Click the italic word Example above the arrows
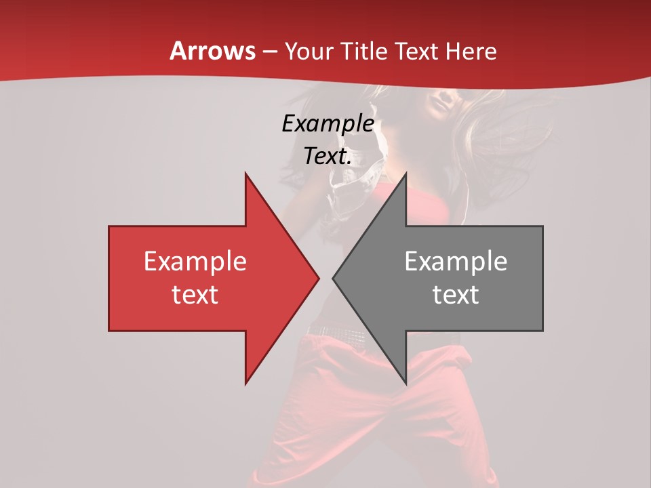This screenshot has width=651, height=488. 328,123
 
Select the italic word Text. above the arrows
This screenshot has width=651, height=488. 328,156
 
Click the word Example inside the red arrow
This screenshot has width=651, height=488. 195,261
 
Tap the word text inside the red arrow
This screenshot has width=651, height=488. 195,294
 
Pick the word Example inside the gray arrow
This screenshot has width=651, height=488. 456,261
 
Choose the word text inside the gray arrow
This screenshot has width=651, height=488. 456,294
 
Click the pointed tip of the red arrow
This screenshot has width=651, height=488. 317,278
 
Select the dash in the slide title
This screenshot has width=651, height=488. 269,52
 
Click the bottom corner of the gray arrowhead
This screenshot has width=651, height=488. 405,382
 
